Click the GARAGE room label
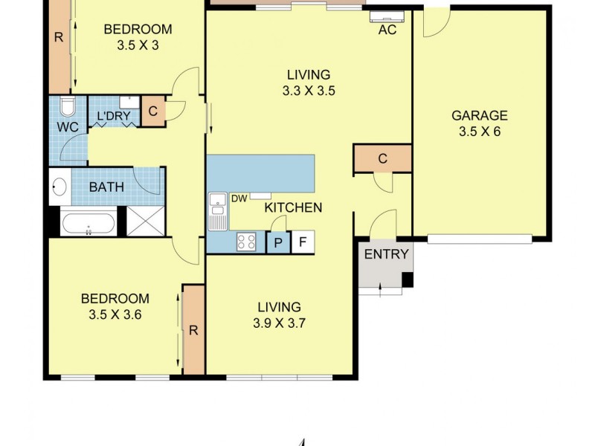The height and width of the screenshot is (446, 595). pyautogui.click(x=480, y=115)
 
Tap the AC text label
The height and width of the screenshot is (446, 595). pyautogui.click(x=387, y=30)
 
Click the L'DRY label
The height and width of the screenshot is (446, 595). pyautogui.click(x=109, y=117)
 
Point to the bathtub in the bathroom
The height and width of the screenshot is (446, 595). pyautogui.click(x=89, y=222)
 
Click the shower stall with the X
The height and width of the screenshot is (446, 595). pyautogui.click(x=144, y=222)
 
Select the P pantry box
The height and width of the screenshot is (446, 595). pyautogui.click(x=277, y=242)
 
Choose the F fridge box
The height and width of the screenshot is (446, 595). pyautogui.click(x=302, y=242)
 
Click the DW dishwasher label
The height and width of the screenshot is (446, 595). pyautogui.click(x=239, y=198)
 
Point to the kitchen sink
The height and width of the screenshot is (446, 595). pyautogui.click(x=217, y=209)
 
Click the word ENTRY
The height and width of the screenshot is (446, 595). pyautogui.click(x=385, y=254)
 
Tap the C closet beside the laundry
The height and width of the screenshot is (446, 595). pyautogui.click(x=152, y=111)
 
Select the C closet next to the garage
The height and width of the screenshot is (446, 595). pyautogui.click(x=382, y=158)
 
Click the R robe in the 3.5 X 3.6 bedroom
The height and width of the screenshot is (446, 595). pyautogui.click(x=193, y=330)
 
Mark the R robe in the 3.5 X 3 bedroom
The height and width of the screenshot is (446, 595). pyautogui.click(x=58, y=36)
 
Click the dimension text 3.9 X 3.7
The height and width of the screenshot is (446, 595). pyautogui.click(x=279, y=323)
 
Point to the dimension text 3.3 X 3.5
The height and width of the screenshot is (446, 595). pyautogui.click(x=308, y=91)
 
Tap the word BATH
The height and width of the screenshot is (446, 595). pyautogui.click(x=106, y=187)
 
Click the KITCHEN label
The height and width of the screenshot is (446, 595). pyautogui.click(x=293, y=207)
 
